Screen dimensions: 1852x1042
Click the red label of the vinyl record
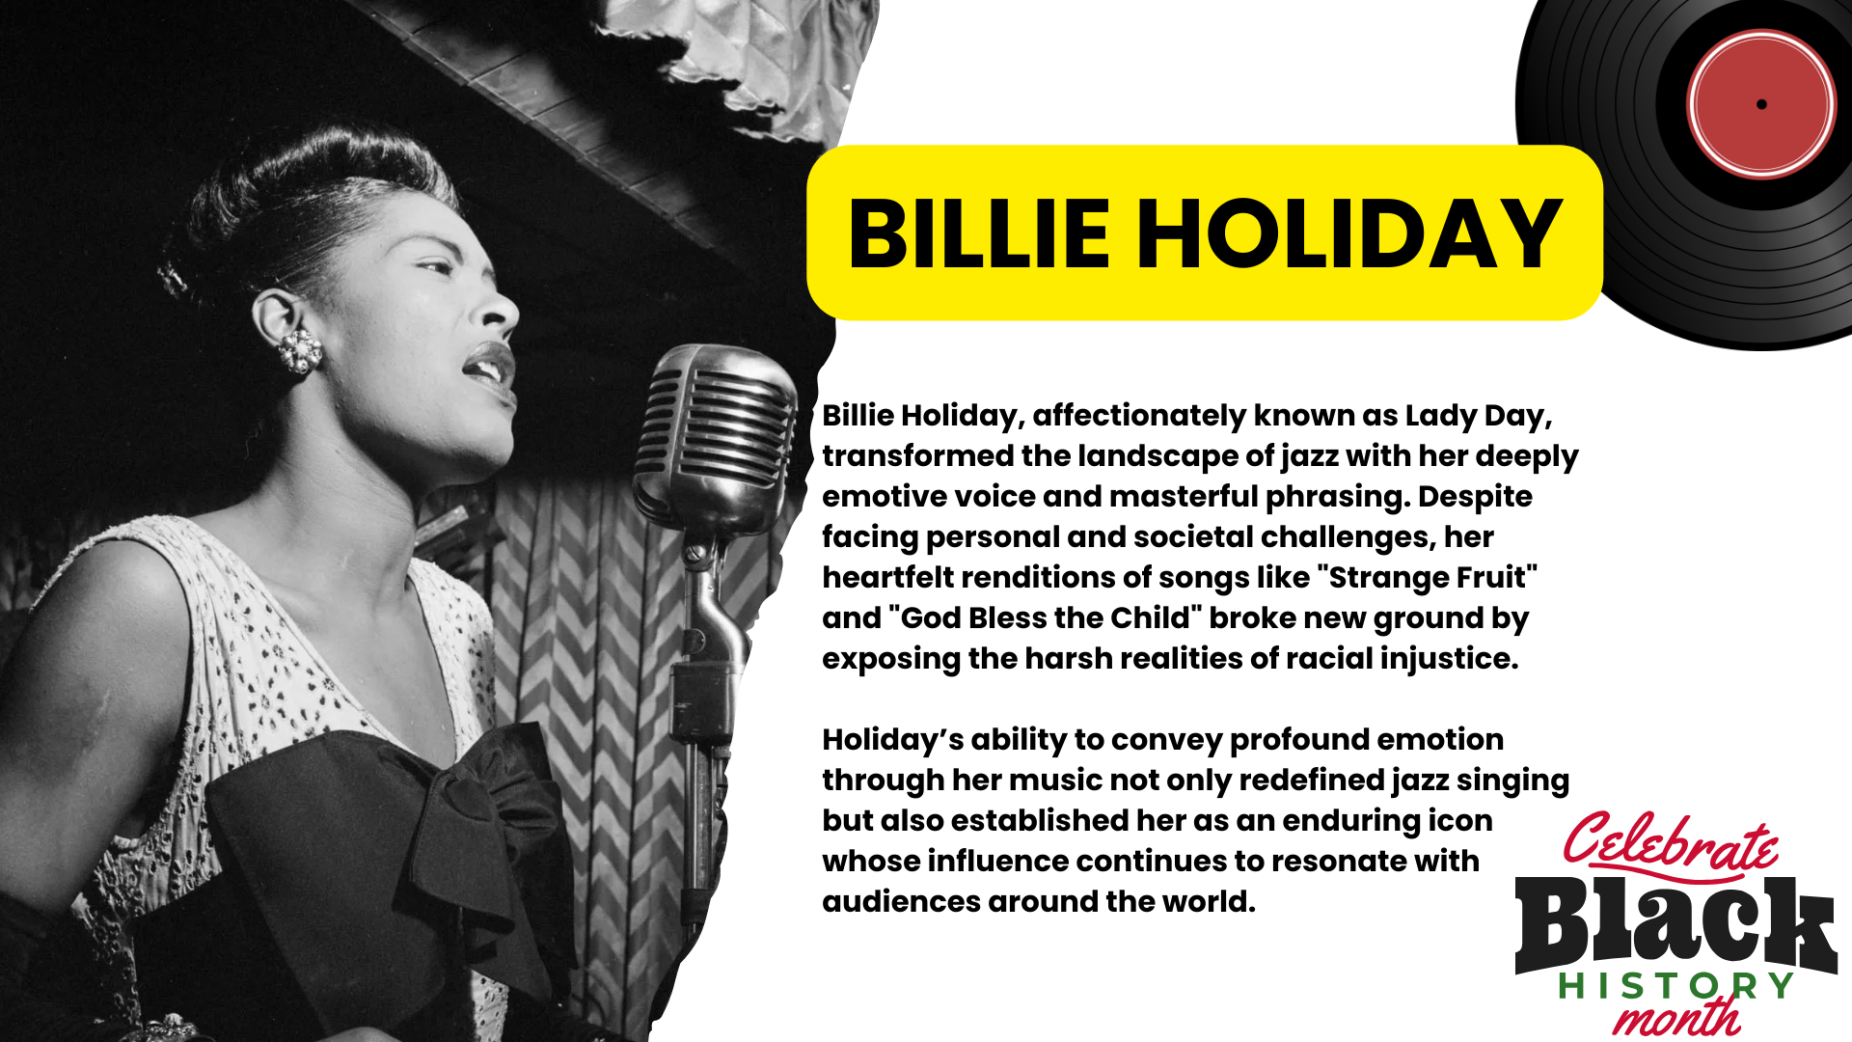1761,104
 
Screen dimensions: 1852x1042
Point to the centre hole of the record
1761,104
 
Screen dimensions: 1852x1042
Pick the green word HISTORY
1675,986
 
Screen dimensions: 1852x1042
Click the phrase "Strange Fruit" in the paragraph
1432,577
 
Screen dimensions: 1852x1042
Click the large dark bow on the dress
386,849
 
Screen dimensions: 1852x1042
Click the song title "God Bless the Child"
1040,617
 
